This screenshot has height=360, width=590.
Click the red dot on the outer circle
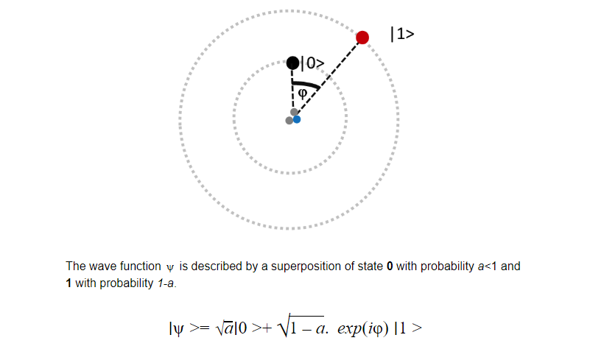362,38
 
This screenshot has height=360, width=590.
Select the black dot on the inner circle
292,63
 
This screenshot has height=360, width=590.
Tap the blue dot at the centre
297,119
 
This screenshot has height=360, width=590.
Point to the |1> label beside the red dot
402,34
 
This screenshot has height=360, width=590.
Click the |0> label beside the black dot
312,63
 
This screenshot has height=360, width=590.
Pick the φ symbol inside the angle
303,93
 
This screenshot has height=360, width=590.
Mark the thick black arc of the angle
306,85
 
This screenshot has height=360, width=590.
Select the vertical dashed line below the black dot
292,90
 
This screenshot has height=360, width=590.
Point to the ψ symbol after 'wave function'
170,267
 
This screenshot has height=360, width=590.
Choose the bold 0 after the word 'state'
390,267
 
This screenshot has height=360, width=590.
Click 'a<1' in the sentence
488,267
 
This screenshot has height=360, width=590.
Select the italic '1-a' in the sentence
166,283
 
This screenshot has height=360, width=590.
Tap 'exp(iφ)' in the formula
363,329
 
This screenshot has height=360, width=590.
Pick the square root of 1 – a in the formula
301,326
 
